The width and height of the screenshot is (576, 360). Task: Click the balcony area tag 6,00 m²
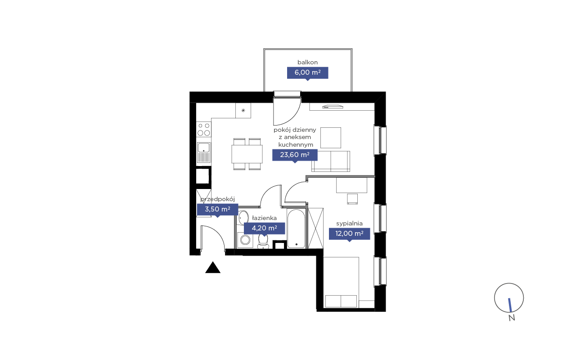pyautogui.click(x=307, y=73)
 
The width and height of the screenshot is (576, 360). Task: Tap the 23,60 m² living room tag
pyautogui.click(x=295, y=155)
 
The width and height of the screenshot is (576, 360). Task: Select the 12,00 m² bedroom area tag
pyautogui.click(x=350, y=234)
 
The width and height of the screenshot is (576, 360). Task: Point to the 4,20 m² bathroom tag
pyautogui.click(x=264, y=228)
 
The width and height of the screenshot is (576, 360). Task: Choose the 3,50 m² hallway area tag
pyautogui.click(x=217, y=210)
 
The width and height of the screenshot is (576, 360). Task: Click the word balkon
pyautogui.click(x=307, y=62)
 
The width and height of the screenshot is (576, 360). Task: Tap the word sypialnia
pyautogui.click(x=349, y=224)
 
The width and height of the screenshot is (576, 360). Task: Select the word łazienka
pyautogui.click(x=264, y=218)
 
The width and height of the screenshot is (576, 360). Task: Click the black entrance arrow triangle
pyautogui.click(x=213, y=268)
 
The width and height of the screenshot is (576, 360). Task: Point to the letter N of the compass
pyautogui.click(x=512, y=318)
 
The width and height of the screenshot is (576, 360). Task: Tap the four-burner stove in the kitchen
pyautogui.click(x=204, y=129)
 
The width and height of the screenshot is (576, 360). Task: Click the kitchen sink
pyautogui.click(x=204, y=153)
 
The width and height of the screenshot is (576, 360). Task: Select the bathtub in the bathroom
pyautogui.click(x=296, y=229)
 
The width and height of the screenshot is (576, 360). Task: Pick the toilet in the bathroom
pyautogui.click(x=263, y=241)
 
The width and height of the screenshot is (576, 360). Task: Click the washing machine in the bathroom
pyautogui.click(x=245, y=240)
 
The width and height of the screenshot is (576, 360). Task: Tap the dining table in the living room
pyautogui.click(x=247, y=154)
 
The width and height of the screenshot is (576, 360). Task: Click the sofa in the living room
pyautogui.click(x=331, y=161)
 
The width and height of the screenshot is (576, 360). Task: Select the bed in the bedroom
pyautogui.click(x=341, y=282)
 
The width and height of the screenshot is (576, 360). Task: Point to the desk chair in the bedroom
pyautogui.click(x=352, y=199)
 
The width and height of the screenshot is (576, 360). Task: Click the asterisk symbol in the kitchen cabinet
pyautogui.click(x=243, y=111)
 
